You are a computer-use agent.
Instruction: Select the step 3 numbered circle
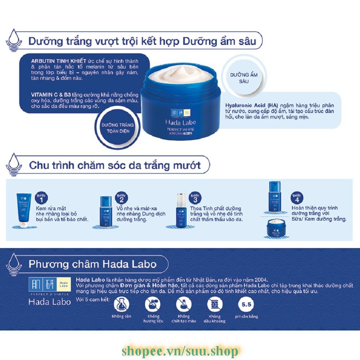(195, 197)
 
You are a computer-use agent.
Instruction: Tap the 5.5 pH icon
(247, 305)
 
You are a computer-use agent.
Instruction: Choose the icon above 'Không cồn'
(121, 305)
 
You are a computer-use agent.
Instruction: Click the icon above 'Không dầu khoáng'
(215, 305)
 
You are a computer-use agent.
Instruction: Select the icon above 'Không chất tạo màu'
(184, 305)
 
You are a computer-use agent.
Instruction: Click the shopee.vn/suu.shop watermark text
(180, 350)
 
